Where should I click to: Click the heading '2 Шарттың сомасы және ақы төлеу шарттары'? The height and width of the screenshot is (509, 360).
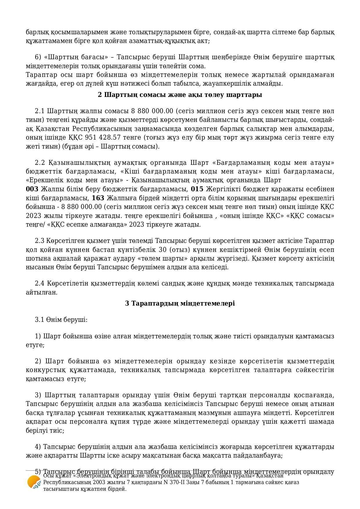click(180, 95)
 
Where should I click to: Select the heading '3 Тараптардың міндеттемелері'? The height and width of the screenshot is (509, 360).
click(180, 304)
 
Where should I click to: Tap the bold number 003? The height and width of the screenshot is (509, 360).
click(32, 189)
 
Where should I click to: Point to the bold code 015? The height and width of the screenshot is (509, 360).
click(197, 189)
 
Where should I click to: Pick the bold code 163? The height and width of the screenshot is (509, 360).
click(98, 198)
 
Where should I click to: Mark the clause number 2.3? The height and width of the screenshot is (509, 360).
click(39, 241)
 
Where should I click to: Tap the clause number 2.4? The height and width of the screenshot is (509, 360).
click(40, 284)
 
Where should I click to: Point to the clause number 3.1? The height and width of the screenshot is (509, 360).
click(39, 320)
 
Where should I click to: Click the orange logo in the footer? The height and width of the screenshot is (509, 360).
click(34, 482)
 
